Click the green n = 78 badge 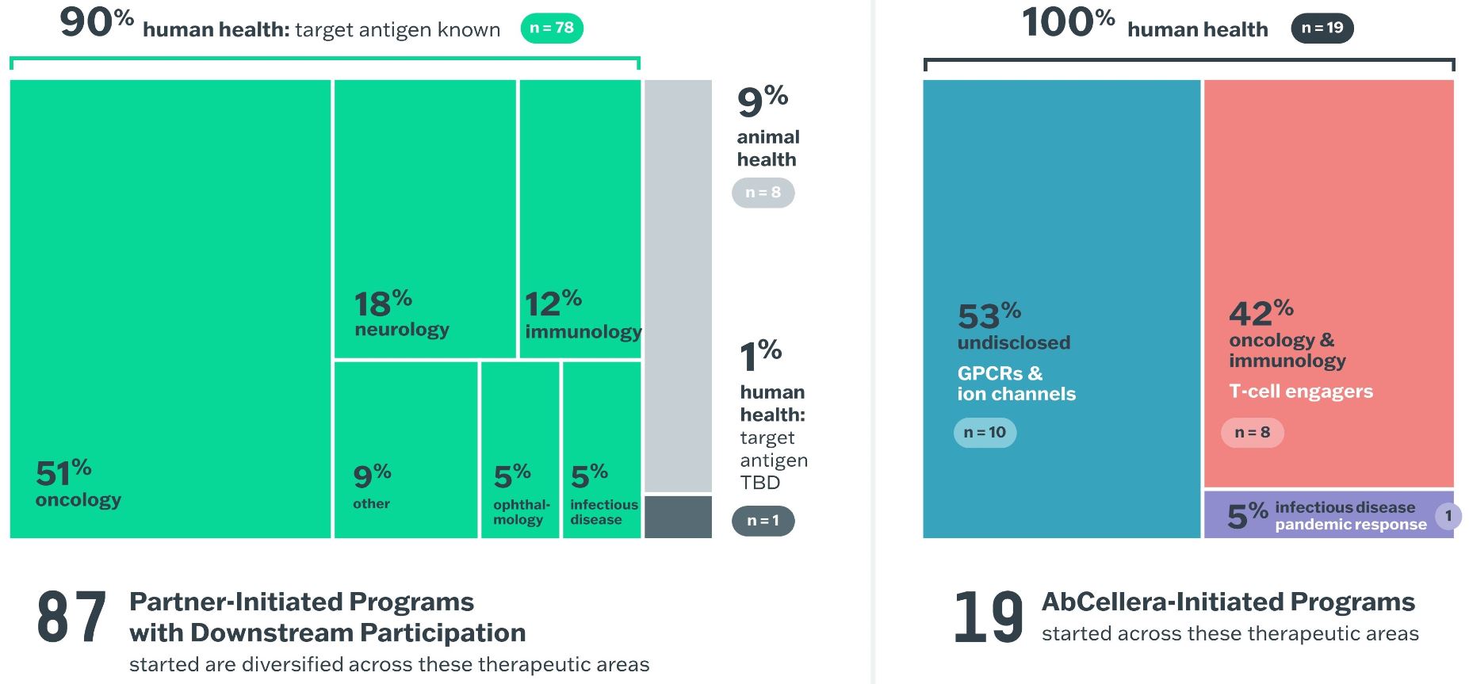pos(552,29)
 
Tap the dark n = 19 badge pos(1322,29)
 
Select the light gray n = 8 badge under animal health pos(763,193)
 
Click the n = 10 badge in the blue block pos(985,433)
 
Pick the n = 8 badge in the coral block pos(1252,433)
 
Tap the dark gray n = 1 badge pos(763,521)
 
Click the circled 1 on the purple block pos(1448,516)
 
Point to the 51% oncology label pos(78,483)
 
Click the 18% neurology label pos(401,314)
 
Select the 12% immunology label pos(582,315)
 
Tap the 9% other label pos(372,486)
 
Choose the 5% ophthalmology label pos(521,495)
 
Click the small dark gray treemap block pos(678,517)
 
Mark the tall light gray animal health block pos(678,285)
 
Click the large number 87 pos(71,617)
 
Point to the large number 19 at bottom pos(988,617)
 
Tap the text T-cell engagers pos(1301,392)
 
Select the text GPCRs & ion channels pos(1016,384)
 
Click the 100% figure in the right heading pos(1068,23)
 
